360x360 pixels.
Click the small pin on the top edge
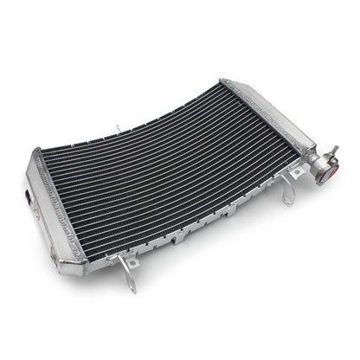pyautogui.click(x=119, y=130)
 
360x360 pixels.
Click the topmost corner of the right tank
pyautogui.click(x=227, y=80)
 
